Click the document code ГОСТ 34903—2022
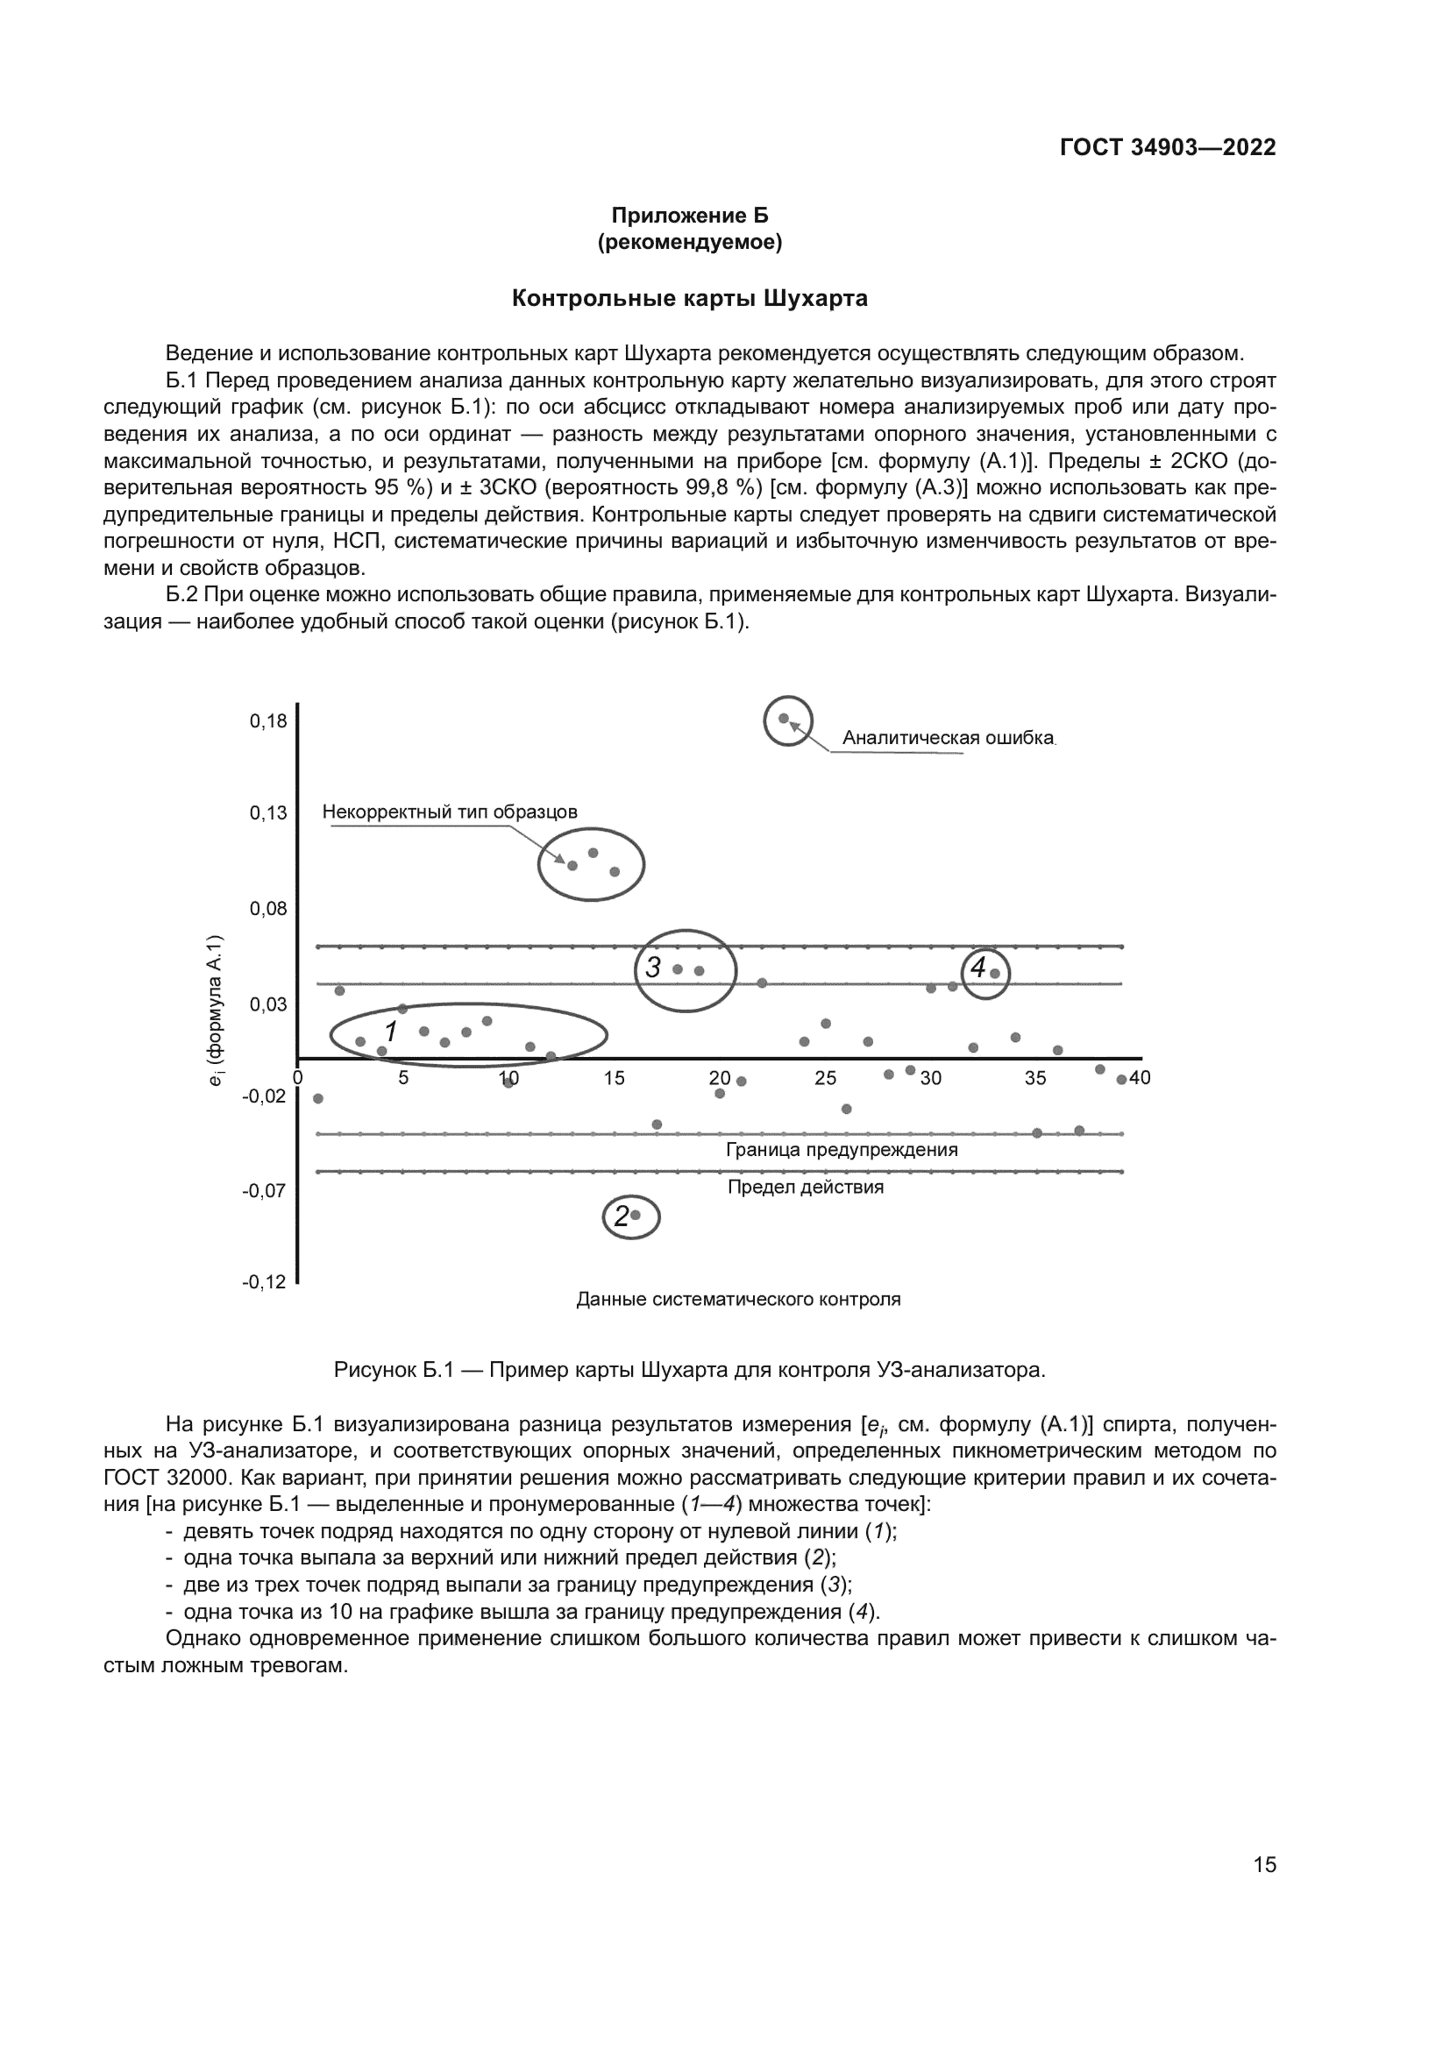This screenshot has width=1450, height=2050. (x=1167, y=147)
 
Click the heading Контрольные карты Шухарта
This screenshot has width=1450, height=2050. (x=688, y=298)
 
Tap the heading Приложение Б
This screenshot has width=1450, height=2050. (x=689, y=216)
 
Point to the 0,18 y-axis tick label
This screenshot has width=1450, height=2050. (x=268, y=721)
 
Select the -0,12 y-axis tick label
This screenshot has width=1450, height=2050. (x=264, y=1282)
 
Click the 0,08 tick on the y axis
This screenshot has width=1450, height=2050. (x=268, y=909)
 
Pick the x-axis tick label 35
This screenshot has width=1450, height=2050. (x=1034, y=1079)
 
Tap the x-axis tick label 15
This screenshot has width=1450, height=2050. (x=614, y=1079)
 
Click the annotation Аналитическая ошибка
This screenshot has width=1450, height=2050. (x=949, y=738)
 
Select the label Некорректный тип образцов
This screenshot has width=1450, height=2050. (x=449, y=812)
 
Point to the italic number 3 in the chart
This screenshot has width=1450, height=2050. (x=653, y=967)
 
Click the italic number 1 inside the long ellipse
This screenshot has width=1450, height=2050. (x=390, y=1032)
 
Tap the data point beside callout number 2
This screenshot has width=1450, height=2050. (x=636, y=1215)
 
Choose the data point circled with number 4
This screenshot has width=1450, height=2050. (x=995, y=973)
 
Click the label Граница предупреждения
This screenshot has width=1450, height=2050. (x=841, y=1150)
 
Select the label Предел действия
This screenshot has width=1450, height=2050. (x=806, y=1188)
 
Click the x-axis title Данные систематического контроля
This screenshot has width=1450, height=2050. (x=738, y=1300)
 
